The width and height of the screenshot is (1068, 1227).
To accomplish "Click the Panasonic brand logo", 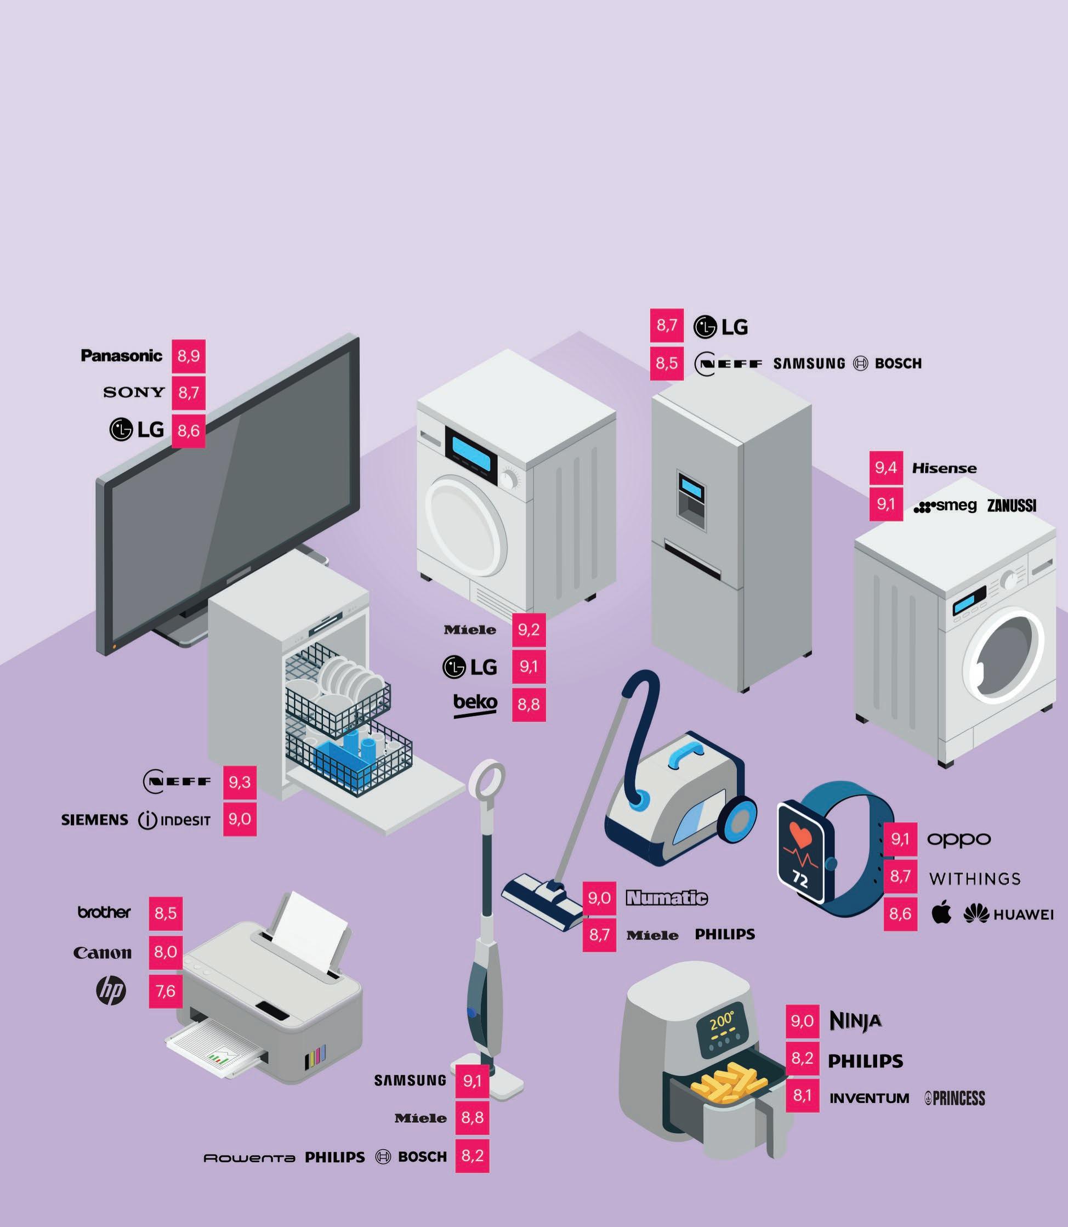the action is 122,356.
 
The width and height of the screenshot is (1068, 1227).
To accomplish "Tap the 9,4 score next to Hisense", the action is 885,468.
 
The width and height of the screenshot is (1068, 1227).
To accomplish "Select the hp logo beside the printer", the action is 111,991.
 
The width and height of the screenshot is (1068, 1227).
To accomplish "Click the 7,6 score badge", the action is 165,991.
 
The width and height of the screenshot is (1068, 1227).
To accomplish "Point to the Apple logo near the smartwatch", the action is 942,913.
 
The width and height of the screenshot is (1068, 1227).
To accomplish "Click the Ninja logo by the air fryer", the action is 855,1021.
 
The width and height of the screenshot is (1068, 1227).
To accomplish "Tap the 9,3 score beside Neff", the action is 240,782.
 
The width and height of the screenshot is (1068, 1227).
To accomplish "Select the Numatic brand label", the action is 666,897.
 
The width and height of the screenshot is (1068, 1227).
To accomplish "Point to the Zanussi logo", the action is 1012,506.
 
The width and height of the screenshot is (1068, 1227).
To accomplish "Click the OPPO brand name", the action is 959,839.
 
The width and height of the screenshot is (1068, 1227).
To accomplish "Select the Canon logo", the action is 103,952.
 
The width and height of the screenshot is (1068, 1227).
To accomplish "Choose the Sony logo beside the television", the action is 134,392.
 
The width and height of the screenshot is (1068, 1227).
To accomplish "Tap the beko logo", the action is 475,704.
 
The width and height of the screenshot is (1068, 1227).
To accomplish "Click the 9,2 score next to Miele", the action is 529,630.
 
